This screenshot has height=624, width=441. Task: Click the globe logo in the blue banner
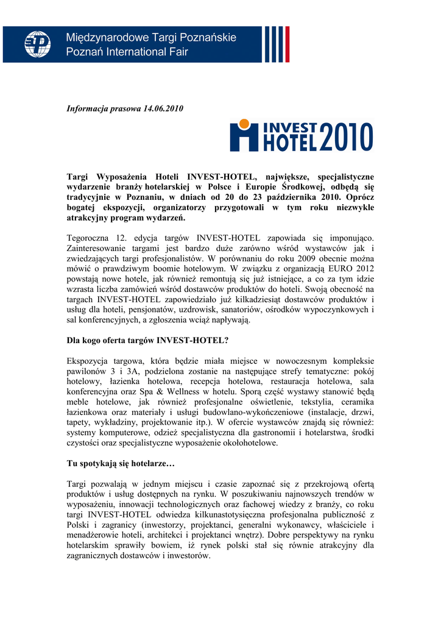tap(38, 44)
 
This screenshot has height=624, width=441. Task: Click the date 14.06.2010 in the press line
tap(163, 108)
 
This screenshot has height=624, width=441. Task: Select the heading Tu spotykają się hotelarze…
tap(121, 464)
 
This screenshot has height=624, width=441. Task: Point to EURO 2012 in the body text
tap(347, 269)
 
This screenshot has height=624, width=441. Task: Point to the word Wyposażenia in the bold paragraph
tap(124, 177)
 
